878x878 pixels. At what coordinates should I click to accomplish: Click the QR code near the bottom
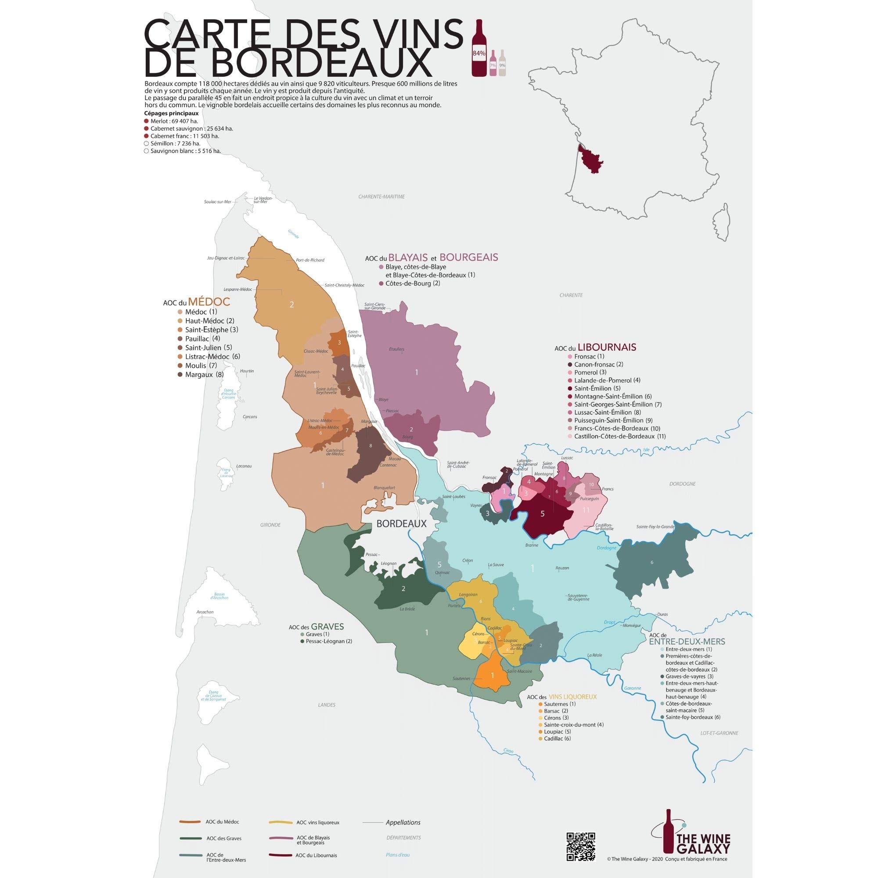[x=580, y=843]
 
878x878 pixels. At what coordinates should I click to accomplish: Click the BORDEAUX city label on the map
[x=401, y=524]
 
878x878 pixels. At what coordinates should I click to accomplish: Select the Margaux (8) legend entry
[x=204, y=374]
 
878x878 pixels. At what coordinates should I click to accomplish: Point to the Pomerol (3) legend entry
[x=590, y=372]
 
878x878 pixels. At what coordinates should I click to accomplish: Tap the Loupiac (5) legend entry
[x=557, y=745]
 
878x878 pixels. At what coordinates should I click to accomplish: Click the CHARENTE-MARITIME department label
[x=381, y=197]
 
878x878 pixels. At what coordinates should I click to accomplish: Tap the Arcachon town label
[x=205, y=612]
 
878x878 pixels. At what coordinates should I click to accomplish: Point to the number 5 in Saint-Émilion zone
[x=542, y=514]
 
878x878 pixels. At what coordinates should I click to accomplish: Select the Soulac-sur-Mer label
[x=218, y=202]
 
